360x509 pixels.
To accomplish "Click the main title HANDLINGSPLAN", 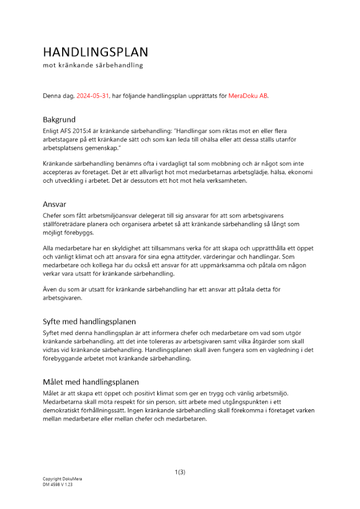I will (x=95, y=52).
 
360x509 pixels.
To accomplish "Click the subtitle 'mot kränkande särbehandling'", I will (x=93, y=66).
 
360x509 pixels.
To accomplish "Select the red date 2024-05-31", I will (x=93, y=95).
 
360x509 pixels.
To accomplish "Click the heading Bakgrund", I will (x=60, y=120).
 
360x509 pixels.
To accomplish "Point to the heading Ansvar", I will (x=55, y=204).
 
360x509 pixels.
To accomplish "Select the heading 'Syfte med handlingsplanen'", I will (x=89, y=322).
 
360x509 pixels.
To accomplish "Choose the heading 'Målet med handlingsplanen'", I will (x=91, y=382).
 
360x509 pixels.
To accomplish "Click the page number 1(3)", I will (x=180, y=472).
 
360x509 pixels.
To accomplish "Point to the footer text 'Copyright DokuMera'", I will (x=62, y=479).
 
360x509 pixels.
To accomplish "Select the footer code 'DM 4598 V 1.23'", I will (x=58, y=485).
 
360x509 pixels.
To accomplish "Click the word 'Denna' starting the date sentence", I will (x=52, y=95).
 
